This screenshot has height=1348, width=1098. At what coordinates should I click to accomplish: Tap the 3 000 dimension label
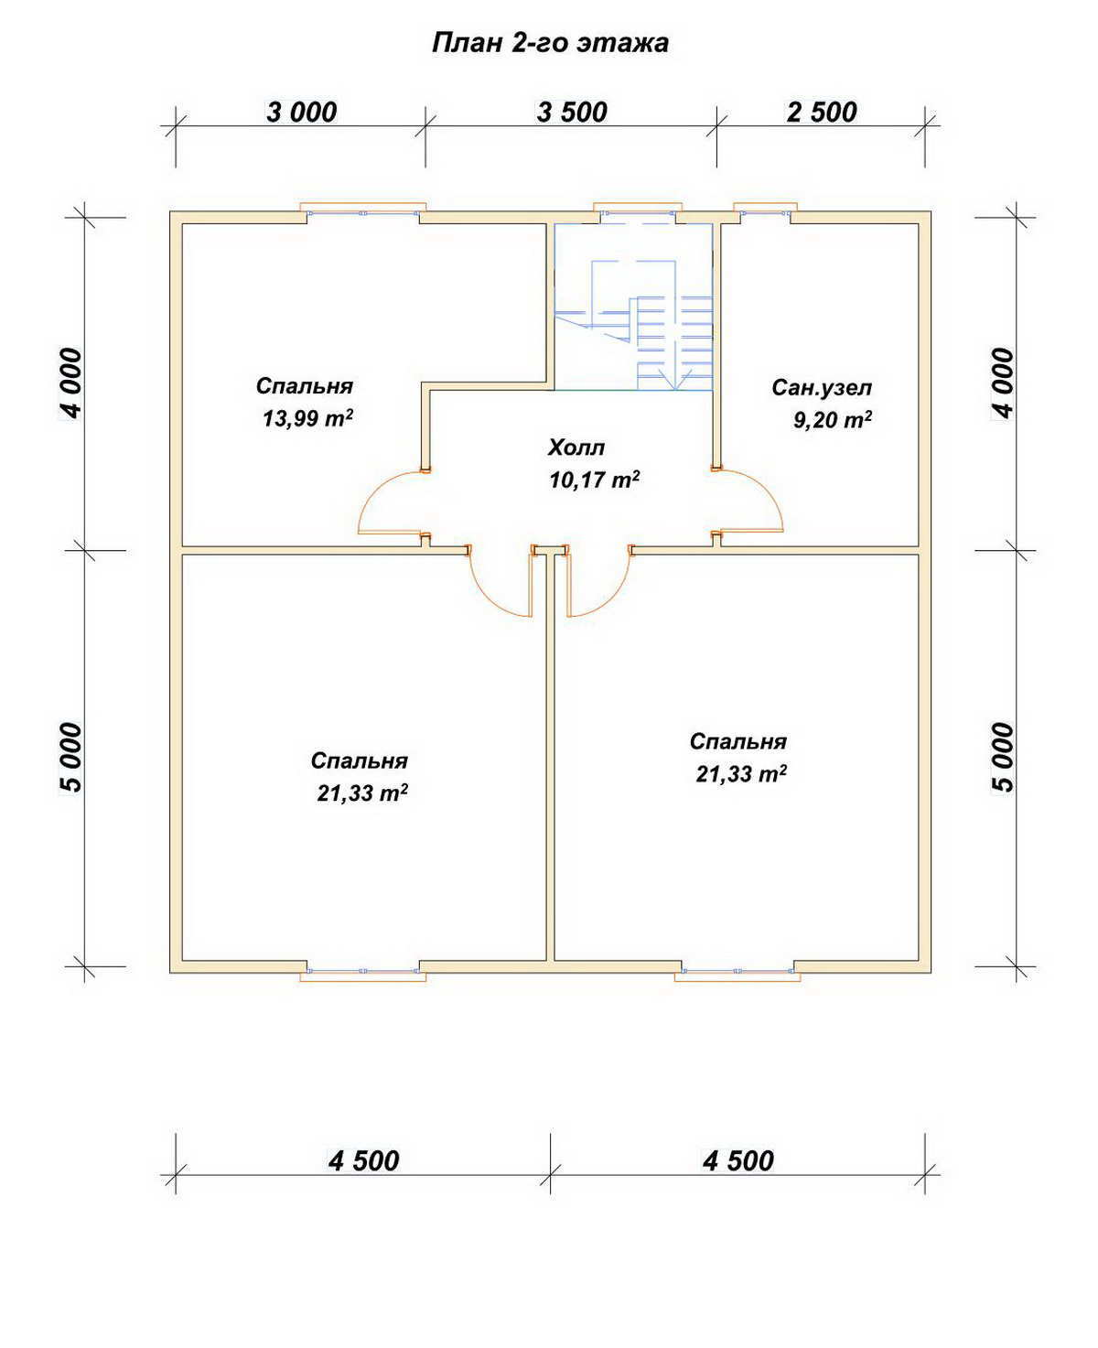[x=301, y=113]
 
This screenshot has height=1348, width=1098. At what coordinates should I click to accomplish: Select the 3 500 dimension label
[x=572, y=113]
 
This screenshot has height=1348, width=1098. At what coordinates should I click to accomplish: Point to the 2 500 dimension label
[x=822, y=113]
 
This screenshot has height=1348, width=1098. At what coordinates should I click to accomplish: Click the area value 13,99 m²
[x=307, y=418]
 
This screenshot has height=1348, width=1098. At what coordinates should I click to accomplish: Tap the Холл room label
[x=576, y=448]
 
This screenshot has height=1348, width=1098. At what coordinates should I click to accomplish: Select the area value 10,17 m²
[x=594, y=480]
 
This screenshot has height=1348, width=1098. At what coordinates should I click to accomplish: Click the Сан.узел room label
[x=822, y=387]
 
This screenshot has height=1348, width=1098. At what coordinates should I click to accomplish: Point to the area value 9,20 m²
[x=833, y=419]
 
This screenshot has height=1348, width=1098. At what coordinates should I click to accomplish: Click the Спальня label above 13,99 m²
[x=305, y=386]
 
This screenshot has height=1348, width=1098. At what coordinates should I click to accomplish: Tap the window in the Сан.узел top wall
[x=765, y=211]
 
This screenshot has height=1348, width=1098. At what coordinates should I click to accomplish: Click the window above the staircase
[x=637, y=211]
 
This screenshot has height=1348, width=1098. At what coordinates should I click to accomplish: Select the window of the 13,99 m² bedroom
[x=362, y=211]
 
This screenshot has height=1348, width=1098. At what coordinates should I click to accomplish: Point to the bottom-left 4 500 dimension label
[x=364, y=1161]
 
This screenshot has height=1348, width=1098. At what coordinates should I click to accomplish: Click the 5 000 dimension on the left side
[x=71, y=758]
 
